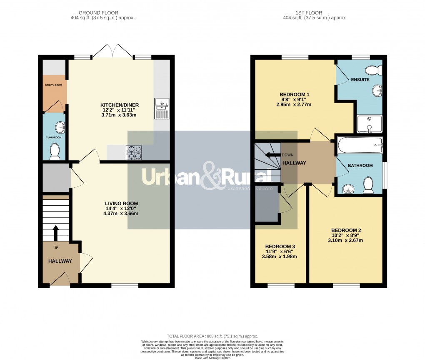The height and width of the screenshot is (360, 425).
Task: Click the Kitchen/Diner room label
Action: point(119,105)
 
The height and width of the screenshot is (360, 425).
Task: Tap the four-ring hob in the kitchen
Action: point(134,153)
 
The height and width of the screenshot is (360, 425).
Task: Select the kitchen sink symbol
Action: point(160,108)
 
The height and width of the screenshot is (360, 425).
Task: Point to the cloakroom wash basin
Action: point(60,126)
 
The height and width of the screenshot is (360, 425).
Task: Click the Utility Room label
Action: point(54,85)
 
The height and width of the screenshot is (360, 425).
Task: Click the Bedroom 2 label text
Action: point(346,230)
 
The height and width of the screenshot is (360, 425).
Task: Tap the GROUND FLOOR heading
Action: point(102,13)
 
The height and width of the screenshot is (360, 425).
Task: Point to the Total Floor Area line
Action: point(212,336)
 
